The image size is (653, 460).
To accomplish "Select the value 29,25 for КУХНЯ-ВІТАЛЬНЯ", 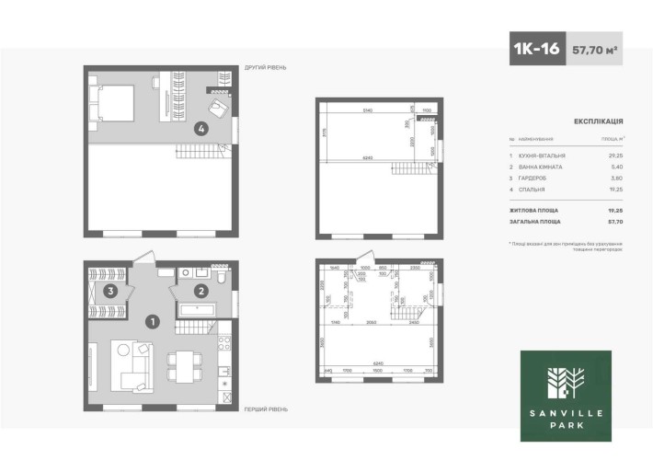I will click(x=616, y=156).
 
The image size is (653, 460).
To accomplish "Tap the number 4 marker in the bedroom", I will click(x=200, y=130).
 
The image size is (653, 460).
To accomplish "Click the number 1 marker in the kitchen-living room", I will click(x=154, y=322).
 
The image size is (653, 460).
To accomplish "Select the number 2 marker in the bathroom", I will click(x=200, y=292).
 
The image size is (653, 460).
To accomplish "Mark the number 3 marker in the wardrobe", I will click(x=109, y=292).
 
